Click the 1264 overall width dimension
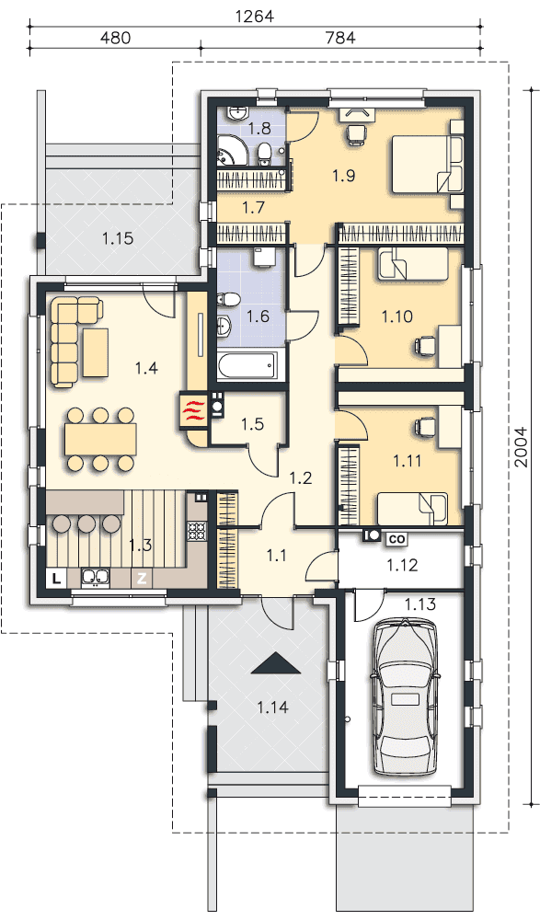pos(255,16)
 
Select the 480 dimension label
pos(115,38)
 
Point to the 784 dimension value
pos(341,38)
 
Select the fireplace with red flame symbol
pos(193,410)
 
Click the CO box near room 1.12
pos(396,538)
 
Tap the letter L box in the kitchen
pos(56,579)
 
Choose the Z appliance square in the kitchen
pos(141,579)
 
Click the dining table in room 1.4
pos(101,438)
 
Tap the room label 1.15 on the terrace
pos(118,239)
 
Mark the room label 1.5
pos(252,423)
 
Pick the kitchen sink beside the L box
pos(93,578)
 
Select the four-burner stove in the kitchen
pos(197,531)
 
